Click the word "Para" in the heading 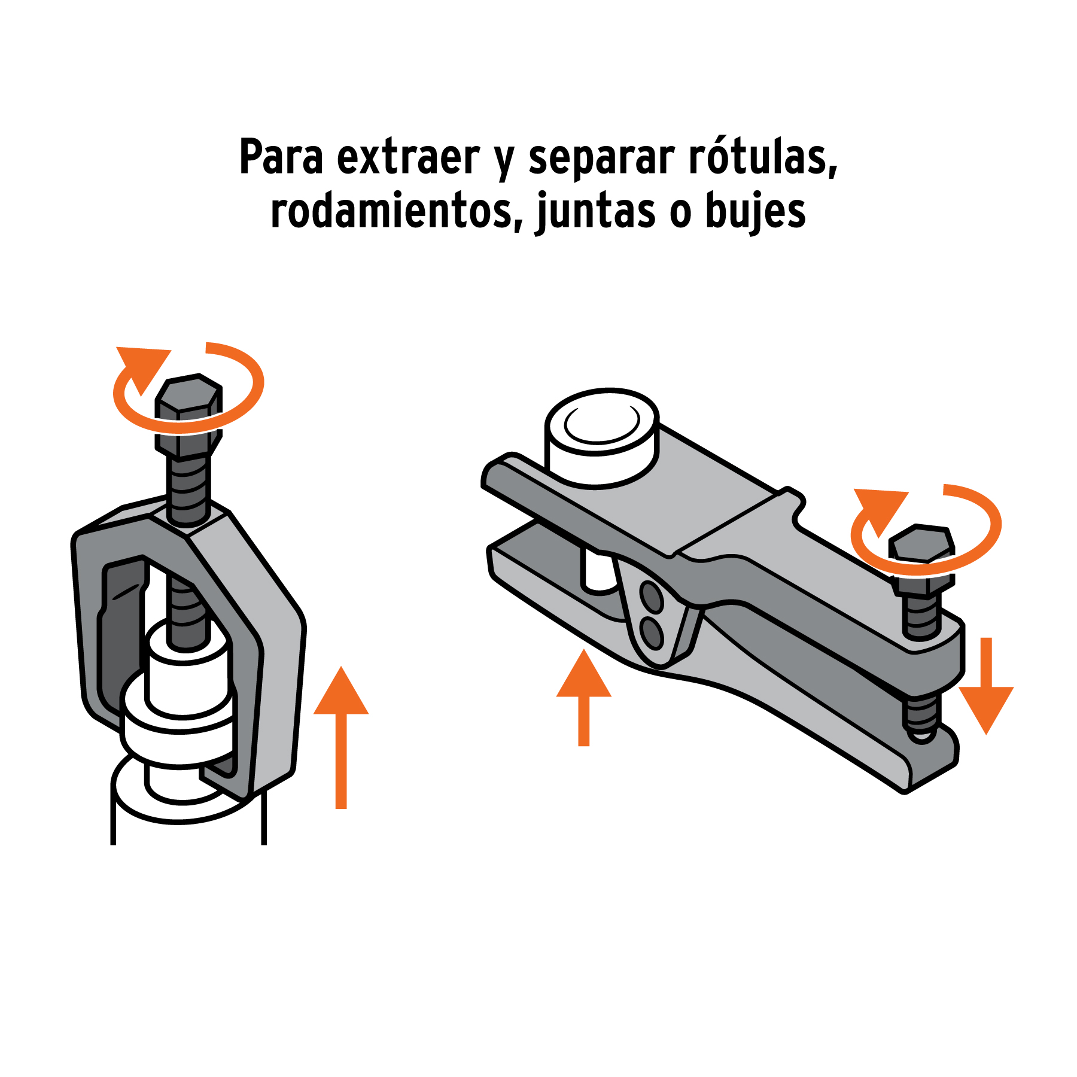281,157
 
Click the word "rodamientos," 397,211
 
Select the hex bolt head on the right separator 921,560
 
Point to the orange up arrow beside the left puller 341,737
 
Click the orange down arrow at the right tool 986,686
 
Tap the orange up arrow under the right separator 584,698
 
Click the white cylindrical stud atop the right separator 601,437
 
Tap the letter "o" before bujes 680,214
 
